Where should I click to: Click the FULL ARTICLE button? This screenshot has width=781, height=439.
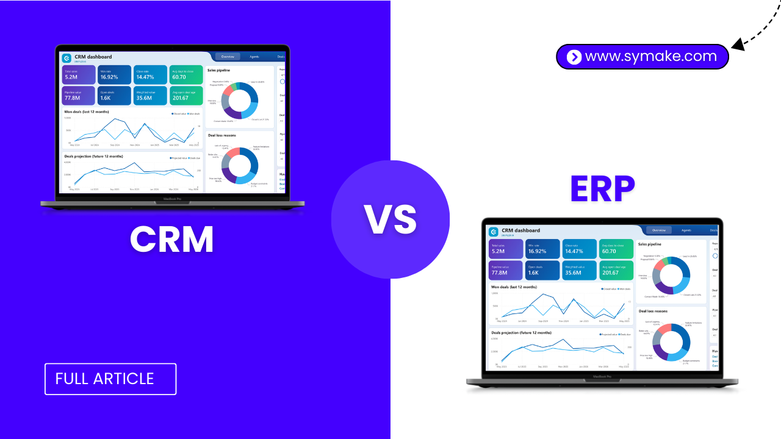click(110, 379)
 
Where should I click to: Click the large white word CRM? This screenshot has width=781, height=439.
click(172, 239)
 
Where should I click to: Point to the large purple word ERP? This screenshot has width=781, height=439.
click(602, 189)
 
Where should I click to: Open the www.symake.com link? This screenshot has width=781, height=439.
click(650, 57)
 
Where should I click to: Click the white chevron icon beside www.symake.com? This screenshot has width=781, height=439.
click(574, 57)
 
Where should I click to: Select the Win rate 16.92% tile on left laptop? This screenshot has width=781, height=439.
click(114, 74)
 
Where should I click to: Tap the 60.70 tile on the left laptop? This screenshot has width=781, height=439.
click(185, 74)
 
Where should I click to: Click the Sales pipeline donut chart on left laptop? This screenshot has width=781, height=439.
click(240, 100)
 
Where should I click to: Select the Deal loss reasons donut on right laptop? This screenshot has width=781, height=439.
click(671, 341)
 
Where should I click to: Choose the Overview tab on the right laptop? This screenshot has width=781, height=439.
click(659, 230)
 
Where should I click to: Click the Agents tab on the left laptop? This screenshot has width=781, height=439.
click(254, 57)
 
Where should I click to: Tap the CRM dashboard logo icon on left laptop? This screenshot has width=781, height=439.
click(67, 58)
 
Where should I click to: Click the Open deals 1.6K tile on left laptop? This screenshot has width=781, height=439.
click(114, 95)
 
